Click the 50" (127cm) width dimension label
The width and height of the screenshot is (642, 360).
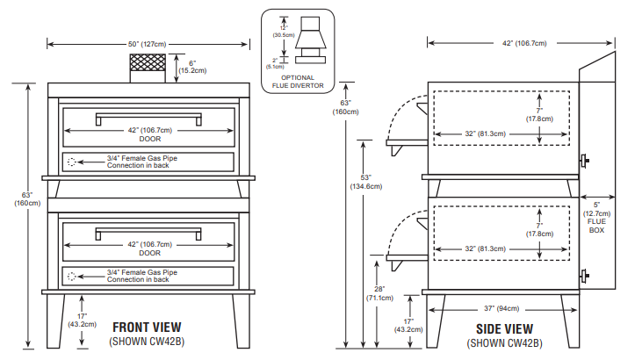coord(147,43)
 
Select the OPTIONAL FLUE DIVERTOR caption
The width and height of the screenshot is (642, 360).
coord(298,82)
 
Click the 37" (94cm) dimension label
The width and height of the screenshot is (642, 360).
coord(501,308)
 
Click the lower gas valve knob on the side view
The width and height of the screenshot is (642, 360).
coord(584,277)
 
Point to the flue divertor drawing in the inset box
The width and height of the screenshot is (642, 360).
coord(308,44)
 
